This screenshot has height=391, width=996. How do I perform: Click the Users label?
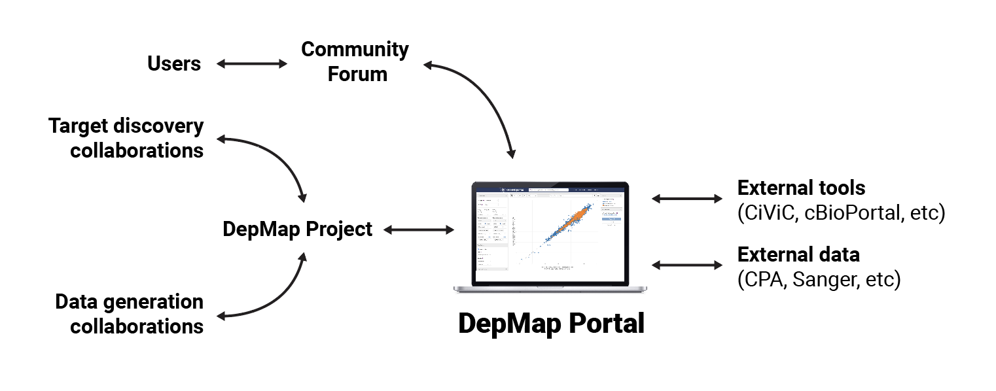[173, 63]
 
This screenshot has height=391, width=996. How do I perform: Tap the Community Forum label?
[355, 61]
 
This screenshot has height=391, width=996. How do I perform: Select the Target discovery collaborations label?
[126, 138]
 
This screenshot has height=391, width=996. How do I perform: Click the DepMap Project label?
[297, 229]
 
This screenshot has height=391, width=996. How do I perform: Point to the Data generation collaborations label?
[130, 314]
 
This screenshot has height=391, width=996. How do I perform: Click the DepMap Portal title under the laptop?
[551, 324]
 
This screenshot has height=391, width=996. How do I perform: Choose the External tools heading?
[801, 188]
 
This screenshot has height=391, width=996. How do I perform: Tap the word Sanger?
[828, 279]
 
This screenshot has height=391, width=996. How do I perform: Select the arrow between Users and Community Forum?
[251, 63]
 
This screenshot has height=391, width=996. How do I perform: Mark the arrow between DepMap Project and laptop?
[419, 229]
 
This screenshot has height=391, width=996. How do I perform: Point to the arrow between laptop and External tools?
[686, 198]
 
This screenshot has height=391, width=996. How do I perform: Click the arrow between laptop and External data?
[686, 265]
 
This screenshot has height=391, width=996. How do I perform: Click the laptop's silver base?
[550, 288]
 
